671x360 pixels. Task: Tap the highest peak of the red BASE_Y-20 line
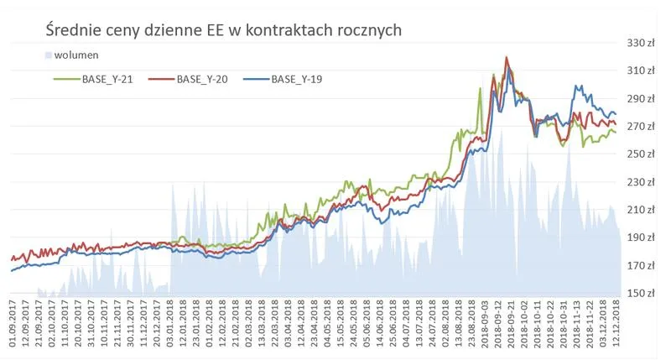pyautogui.click(x=507, y=58)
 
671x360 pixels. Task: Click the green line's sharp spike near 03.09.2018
pyautogui.click(x=481, y=88)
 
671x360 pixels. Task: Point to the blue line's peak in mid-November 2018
pyautogui.click(x=576, y=86)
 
